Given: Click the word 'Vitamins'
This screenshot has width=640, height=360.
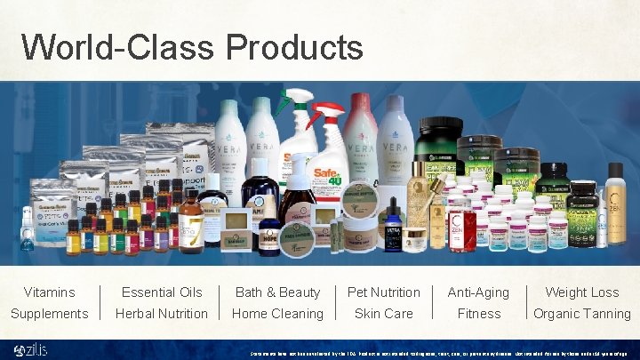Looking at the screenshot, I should [x=50, y=292].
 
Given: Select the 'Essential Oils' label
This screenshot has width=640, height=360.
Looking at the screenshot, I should [x=162, y=292].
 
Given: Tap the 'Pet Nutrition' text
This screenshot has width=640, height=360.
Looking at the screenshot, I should [x=383, y=292].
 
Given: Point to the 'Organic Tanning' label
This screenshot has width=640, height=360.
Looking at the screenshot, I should [x=581, y=313].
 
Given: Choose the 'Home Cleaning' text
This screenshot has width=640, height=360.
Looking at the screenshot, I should [x=277, y=313].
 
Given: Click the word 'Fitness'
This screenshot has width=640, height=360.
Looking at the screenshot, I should [x=478, y=313].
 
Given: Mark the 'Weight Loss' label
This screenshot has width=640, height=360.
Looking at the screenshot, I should [x=581, y=292].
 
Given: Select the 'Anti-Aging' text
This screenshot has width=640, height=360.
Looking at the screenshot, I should [x=478, y=292].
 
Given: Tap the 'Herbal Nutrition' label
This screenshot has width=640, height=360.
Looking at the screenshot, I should [x=162, y=313].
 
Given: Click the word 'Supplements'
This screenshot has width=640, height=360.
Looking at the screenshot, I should [x=50, y=313].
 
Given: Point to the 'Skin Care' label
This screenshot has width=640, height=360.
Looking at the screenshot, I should [x=383, y=313].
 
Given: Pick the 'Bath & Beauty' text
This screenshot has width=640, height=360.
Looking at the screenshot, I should [x=277, y=292].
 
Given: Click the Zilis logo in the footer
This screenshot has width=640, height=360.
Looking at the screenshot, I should [x=30, y=349].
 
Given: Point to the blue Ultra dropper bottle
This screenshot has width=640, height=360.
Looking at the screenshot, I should [x=394, y=229].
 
